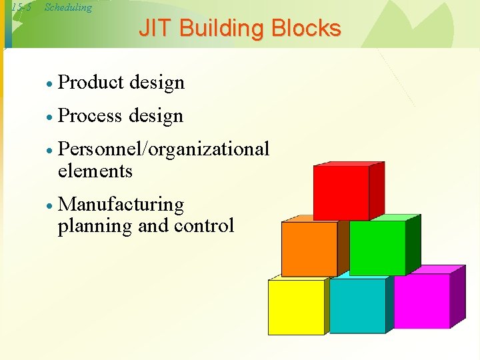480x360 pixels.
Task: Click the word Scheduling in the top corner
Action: [x=68, y=8]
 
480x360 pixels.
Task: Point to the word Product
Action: [x=92, y=83]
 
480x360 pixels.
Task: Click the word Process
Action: [x=91, y=116]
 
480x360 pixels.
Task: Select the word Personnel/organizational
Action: [x=163, y=149]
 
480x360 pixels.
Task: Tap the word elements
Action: [x=95, y=171]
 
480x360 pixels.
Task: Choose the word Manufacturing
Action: [x=121, y=204]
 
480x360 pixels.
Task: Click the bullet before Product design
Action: [x=49, y=84]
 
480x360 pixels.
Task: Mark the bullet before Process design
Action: [x=49, y=117]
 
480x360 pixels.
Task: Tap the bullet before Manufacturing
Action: [x=49, y=205]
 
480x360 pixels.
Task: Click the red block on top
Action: [x=341, y=193]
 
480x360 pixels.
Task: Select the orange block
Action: [x=309, y=248]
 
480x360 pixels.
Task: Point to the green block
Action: [x=377, y=247]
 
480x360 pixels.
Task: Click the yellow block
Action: [x=296, y=307]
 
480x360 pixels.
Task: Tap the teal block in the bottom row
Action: [x=357, y=305]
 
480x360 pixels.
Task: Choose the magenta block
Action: [x=422, y=301]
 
